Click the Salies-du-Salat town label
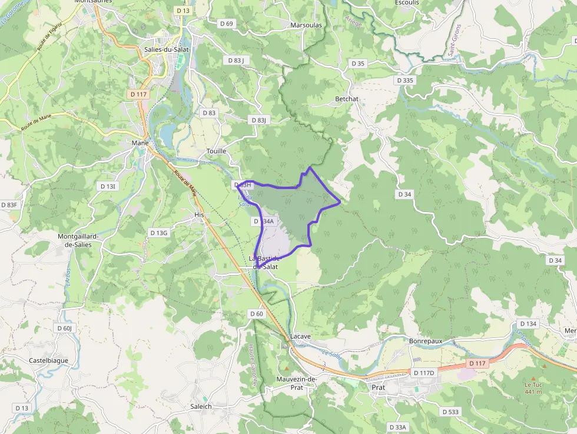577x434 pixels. coord(166,49)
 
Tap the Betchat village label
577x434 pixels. coord(346,99)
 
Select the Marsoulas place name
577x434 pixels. coord(306,25)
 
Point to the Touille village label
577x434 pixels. coord(216,151)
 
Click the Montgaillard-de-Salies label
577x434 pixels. coord(78,240)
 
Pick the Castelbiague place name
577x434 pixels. coord(48,360)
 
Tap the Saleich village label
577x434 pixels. coord(201,406)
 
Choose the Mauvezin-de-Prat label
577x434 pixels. coord(297,383)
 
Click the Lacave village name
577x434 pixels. coord(300,336)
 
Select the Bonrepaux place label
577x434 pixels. coord(425,341)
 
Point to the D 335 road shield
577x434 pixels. coord(406,80)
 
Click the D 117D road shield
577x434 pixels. coord(423,373)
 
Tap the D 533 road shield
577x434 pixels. coord(449,412)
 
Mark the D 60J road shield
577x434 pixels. coord(64,328)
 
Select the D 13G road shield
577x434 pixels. coord(159,233)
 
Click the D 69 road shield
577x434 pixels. coord(226,24)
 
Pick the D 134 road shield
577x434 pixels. coord(528,324)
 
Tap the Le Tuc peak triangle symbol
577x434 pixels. coord(533,378)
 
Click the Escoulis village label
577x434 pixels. coord(407,2)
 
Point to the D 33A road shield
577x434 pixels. coord(398,427)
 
